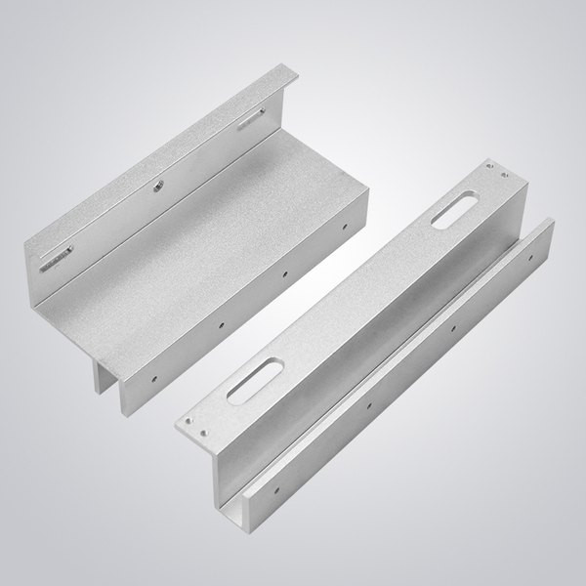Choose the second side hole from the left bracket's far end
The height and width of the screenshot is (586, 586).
click(x=284, y=272)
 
